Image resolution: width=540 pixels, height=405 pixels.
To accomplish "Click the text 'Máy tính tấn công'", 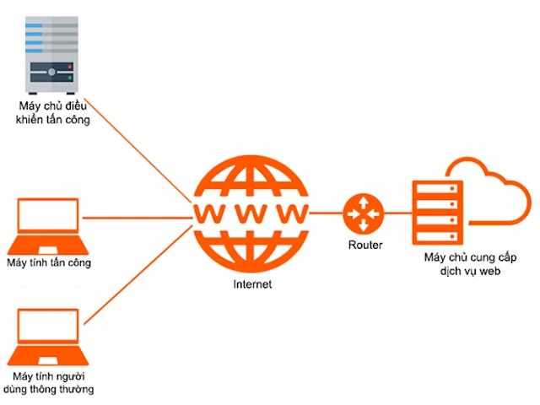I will click(x=48, y=262).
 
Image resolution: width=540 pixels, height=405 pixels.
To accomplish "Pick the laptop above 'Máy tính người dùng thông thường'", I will click(x=48, y=335).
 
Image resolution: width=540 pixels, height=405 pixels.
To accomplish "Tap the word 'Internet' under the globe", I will click(x=252, y=285).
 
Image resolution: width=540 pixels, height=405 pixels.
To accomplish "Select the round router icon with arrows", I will click(x=364, y=213).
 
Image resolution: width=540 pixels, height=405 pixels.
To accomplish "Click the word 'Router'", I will click(x=365, y=245).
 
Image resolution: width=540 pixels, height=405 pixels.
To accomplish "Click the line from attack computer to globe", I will click(x=135, y=217).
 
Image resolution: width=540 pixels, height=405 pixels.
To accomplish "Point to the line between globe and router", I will click(x=327, y=213).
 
